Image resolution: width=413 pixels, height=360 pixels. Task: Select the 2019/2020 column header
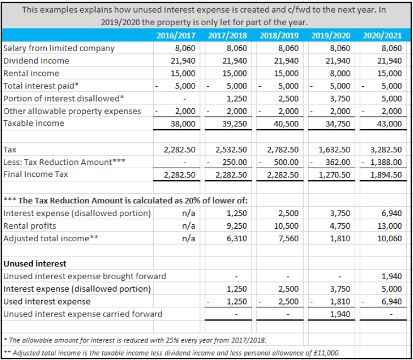tap(331, 36)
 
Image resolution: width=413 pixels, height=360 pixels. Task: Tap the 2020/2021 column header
tap(382, 36)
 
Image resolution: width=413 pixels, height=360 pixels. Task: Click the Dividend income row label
tap(36, 60)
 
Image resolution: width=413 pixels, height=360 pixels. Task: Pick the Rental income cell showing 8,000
tap(339, 73)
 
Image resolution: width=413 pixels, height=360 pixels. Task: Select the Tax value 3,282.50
tap(387, 149)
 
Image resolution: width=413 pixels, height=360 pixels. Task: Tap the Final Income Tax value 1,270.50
tap(334, 175)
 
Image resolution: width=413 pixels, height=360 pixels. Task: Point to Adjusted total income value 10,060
tap(389, 239)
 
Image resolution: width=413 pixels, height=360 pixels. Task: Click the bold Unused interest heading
tap(35, 264)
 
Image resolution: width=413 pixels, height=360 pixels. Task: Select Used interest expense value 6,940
tap(391, 302)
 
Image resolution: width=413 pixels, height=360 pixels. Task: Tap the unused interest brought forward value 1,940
tap(391, 276)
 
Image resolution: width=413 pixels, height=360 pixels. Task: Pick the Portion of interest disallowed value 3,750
tap(339, 98)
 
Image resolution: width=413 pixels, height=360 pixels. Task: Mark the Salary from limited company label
tap(59, 48)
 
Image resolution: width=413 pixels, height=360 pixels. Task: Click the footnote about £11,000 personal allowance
tap(171, 352)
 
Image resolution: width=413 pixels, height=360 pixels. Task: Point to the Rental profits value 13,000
tap(389, 226)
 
